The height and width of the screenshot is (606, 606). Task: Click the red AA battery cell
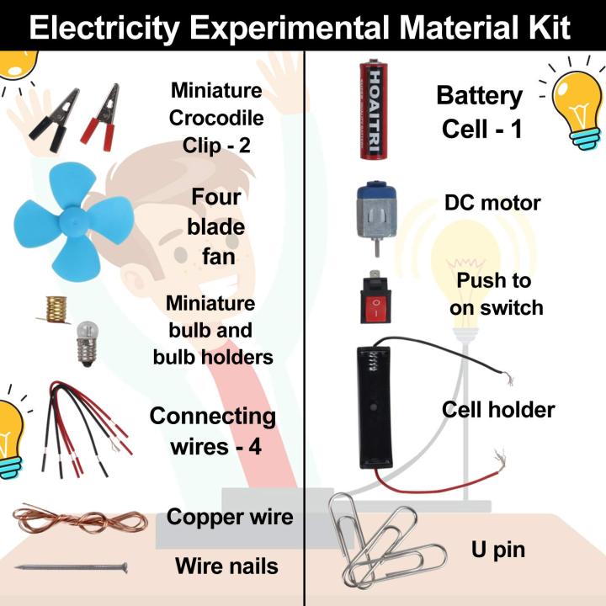[372, 110]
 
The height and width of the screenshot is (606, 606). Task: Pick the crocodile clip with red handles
[101, 118]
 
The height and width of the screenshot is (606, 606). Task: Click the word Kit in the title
[547, 29]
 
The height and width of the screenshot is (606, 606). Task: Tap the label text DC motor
[492, 203]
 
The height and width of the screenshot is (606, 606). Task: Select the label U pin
[497, 550]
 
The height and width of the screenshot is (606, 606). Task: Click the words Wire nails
[226, 566]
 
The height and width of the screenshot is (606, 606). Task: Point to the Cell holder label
[498, 410]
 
